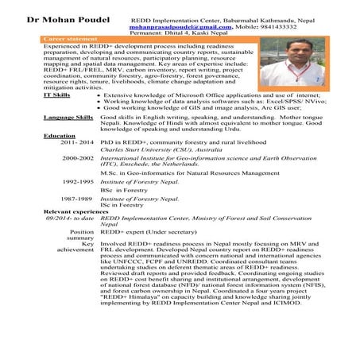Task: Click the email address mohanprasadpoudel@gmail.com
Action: click(177, 26)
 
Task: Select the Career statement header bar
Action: click(72, 37)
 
